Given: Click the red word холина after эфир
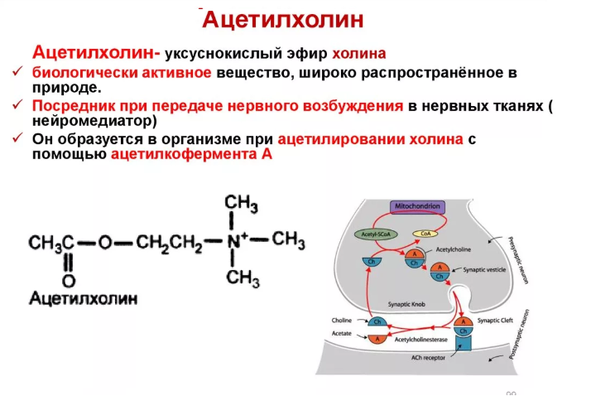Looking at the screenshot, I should (x=359, y=55).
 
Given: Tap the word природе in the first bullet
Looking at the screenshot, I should (x=68, y=87).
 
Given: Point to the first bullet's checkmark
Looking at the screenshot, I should (x=17, y=73).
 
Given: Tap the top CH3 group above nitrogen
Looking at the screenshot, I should (x=242, y=203).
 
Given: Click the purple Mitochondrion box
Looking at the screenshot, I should (x=418, y=207).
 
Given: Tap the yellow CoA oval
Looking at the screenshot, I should (x=425, y=234).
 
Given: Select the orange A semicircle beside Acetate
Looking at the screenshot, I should (x=379, y=338).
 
